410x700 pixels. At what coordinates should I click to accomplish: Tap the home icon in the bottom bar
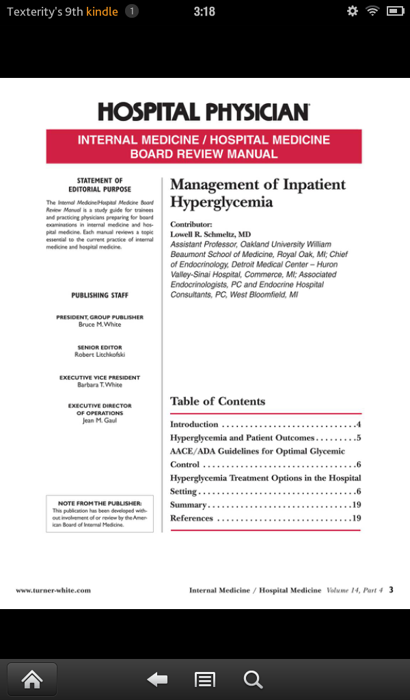click(x=32, y=679)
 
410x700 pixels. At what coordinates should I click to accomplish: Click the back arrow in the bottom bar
click(x=157, y=679)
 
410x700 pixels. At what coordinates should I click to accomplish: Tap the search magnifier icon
click(x=253, y=679)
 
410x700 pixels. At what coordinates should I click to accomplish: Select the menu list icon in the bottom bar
click(x=205, y=679)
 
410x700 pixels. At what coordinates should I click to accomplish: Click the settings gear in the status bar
click(x=353, y=11)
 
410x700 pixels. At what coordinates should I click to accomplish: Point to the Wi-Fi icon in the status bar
click(x=372, y=11)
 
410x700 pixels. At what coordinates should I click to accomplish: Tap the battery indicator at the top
click(x=395, y=11)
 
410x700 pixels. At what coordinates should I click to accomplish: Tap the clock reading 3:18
click(x=204, y=12)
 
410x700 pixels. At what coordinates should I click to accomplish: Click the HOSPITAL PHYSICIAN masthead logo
click(x=204, y=111)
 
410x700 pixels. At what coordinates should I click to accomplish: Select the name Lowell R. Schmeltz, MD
click(x=210, y=234)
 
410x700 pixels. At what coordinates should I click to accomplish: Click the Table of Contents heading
click(x=217, y=401)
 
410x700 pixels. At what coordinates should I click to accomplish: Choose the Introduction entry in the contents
click(x=195, y=425)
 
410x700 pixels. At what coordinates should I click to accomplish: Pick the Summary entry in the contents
click(x=189, y=505)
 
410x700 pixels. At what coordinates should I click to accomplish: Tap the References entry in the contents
click(x=192, y=518)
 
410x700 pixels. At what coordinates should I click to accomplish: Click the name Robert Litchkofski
click(x=100, y=355)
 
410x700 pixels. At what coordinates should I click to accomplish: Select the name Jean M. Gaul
click(x=100, y=421)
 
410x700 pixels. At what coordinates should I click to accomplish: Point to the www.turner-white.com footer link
click(x=53, y=590)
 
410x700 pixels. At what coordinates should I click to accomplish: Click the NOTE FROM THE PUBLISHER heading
click(x=100, y=503)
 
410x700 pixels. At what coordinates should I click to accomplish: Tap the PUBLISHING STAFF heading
click(x=100, y=295)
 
